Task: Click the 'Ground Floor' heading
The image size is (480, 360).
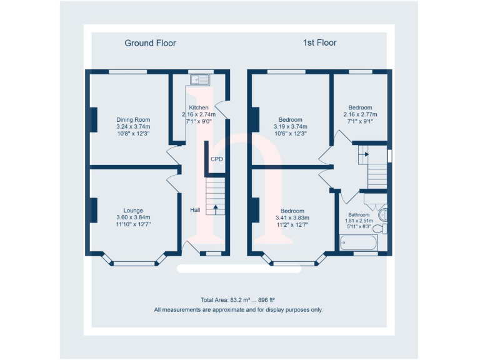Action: (150, 43)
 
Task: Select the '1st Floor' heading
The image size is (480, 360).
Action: (319, 43)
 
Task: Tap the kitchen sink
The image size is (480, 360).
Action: (202, 79)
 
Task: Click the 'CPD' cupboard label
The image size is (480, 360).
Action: (216, 159)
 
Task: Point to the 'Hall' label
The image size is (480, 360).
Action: (195, 210)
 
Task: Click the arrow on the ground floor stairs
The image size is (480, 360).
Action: (216, 208)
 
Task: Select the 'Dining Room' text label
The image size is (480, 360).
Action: (133, 119)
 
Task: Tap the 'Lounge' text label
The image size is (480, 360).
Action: (133, 211)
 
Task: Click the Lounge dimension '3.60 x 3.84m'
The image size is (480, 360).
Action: (133, 217)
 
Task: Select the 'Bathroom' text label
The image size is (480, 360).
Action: (359, 214)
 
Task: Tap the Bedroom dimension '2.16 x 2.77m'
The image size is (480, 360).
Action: (360, 114)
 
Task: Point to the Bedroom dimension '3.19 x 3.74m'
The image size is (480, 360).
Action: (291, 126)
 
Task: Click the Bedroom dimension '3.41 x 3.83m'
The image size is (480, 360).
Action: (292, 217)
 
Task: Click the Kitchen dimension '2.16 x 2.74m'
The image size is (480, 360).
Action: (198, 114)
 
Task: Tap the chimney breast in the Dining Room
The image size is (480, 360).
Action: (94, 119)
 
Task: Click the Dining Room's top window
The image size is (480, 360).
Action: (127, 72)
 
